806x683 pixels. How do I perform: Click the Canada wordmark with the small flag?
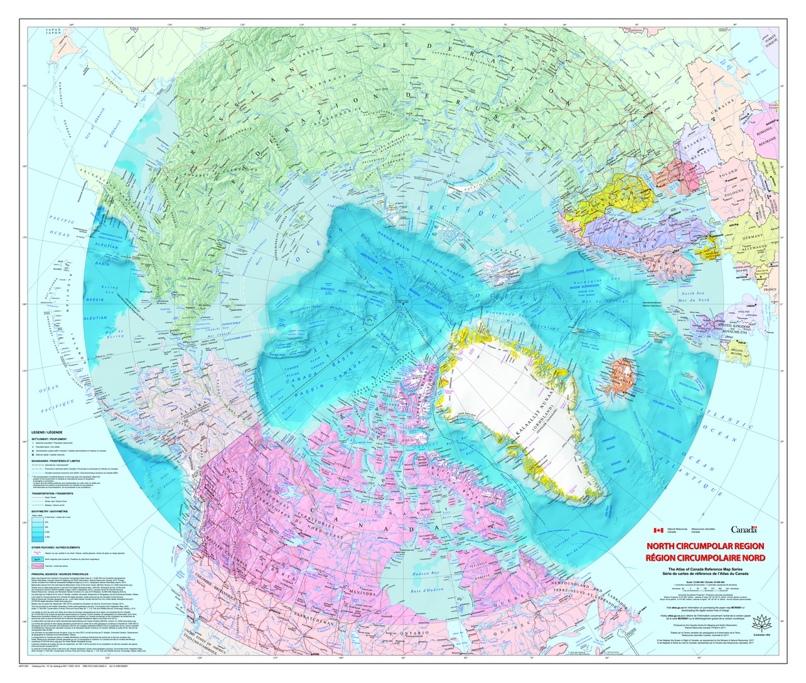(744, 530)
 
